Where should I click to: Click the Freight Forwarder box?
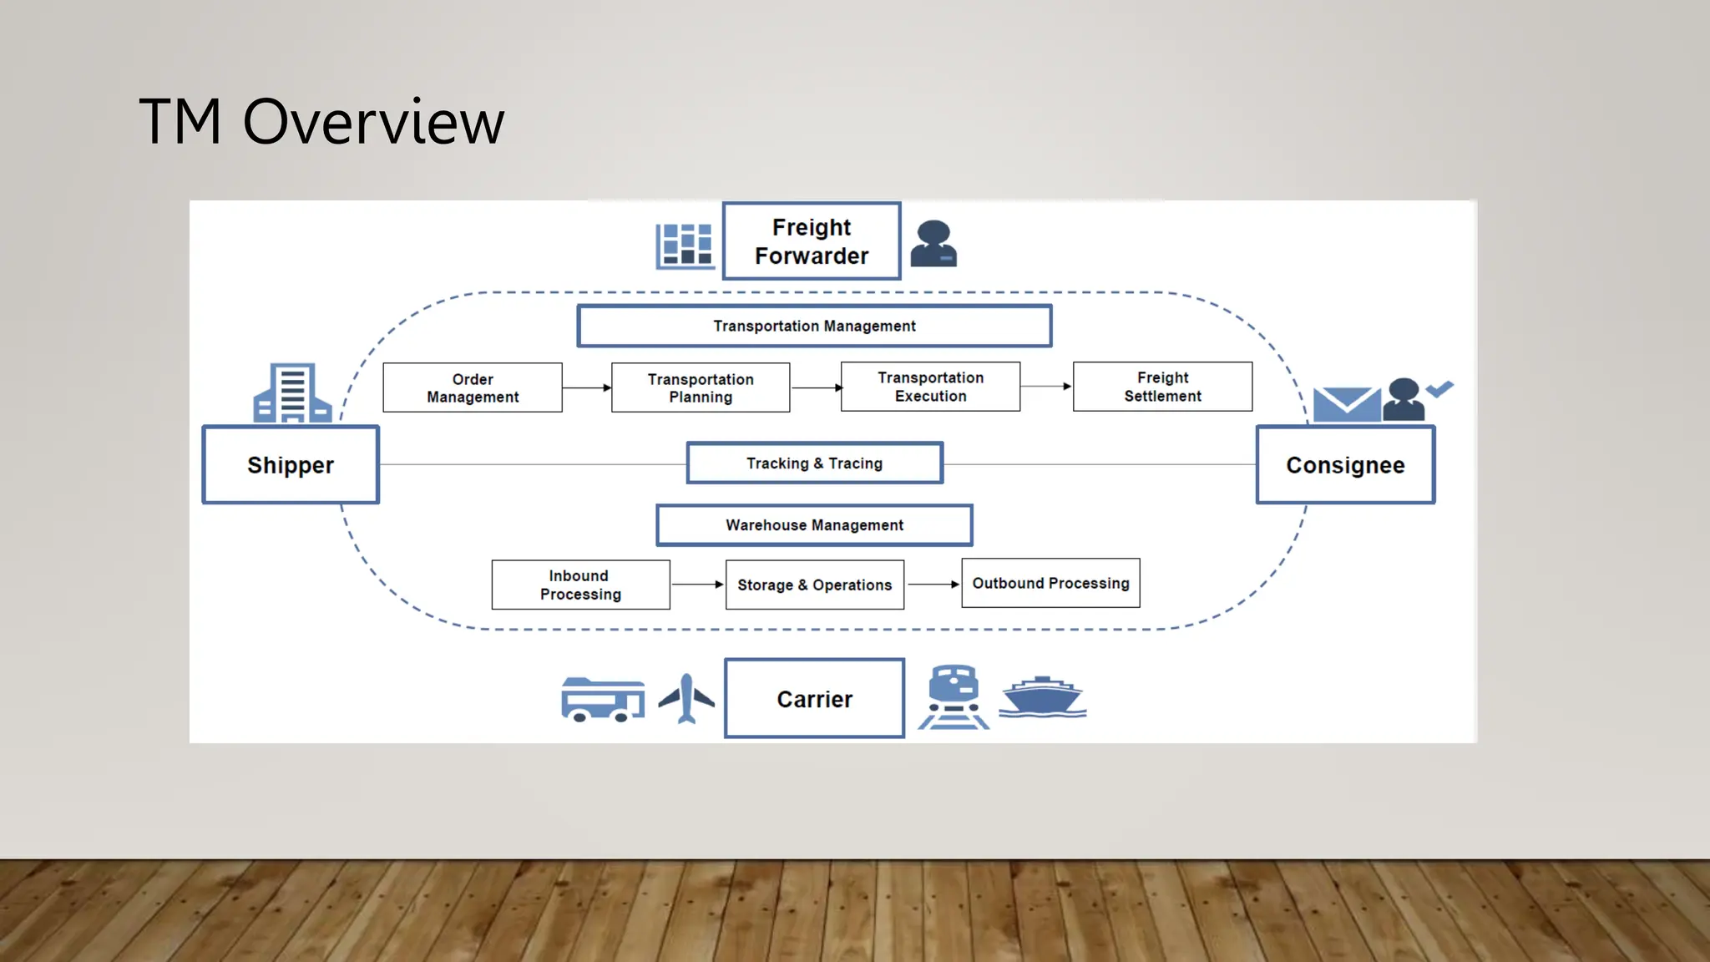point(812,241)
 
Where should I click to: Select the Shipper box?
point(291,465)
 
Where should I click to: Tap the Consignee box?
point(1345,465)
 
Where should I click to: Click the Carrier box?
point(814,698)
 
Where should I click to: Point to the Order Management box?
point(473,387)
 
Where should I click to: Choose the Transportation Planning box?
point(701,387)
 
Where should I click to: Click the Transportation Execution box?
point(930,387)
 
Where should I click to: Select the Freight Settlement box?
point(1162,387)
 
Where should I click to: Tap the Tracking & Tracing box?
point(814,463)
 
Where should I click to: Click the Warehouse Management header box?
point(814,525)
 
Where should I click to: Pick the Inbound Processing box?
point(580,585)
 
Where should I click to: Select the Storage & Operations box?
point(814,585)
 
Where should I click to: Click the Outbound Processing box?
point(1050,583)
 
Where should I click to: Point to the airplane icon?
point(686,697)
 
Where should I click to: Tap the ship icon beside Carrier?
point(1042,697)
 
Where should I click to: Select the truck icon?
point(602,699)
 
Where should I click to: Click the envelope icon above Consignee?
point(1346,404)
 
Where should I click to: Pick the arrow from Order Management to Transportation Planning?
point(587,387)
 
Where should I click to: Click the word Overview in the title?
point(373,122)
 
